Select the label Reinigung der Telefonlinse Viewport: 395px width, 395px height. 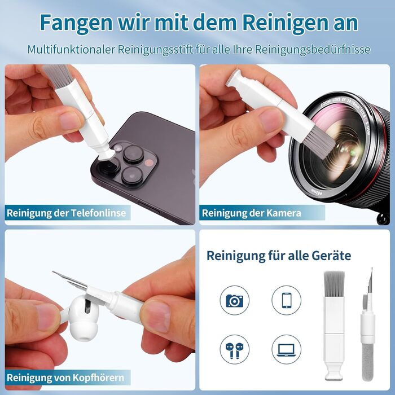tap(66, 213)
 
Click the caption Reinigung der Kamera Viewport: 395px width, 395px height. tap(252, 213)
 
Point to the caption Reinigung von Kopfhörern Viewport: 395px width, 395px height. tap(65, 378)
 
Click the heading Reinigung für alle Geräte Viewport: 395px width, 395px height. tap(279, 256)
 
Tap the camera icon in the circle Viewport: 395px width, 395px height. tap(235, 300)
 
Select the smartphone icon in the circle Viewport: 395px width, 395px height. tap(287, 300)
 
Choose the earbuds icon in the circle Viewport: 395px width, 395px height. tap(235, 349)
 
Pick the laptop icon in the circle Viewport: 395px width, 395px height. tap(287, 349)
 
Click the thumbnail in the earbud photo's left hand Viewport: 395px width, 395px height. tap(49, 317)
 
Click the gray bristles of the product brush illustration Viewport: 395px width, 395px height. tap(334, 284)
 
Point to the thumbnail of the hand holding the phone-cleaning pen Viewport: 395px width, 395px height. tap(69, 120)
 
